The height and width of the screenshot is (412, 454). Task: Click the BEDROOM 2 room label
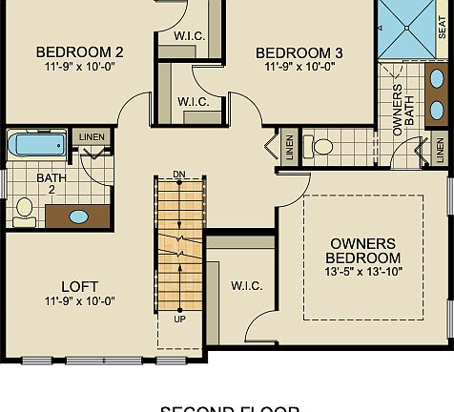click(79, 51)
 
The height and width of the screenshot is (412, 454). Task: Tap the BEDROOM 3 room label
click(299, 51)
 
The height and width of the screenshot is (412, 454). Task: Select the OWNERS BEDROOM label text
click(363, 251)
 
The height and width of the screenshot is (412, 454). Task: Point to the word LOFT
click(79, 286)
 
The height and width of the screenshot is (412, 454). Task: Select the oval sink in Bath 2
click(78, 216)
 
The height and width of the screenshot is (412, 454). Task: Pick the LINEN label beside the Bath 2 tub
click(91, 137)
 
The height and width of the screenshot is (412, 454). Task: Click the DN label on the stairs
click(179, 174)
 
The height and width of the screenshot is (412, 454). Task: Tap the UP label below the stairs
click(179, 319)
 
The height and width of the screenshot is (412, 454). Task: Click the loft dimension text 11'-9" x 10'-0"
click(79, 301)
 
